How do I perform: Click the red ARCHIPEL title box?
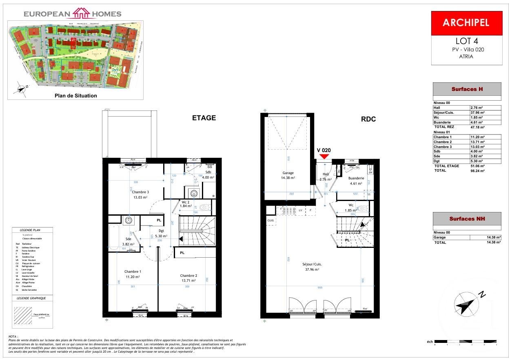(466, 23)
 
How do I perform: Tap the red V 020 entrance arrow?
(324, 157)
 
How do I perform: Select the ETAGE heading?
(204, 118)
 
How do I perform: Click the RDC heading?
(368, 119)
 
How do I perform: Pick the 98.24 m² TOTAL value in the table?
(477, 171)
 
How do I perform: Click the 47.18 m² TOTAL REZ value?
(477, 127)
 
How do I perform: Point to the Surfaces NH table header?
(467, 219)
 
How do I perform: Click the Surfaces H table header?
(467, 89)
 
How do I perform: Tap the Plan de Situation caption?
(76, 96)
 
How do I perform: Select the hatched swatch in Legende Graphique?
(23, 315)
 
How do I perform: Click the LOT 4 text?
(466, 41)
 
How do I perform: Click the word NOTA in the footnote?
(13, 337)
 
